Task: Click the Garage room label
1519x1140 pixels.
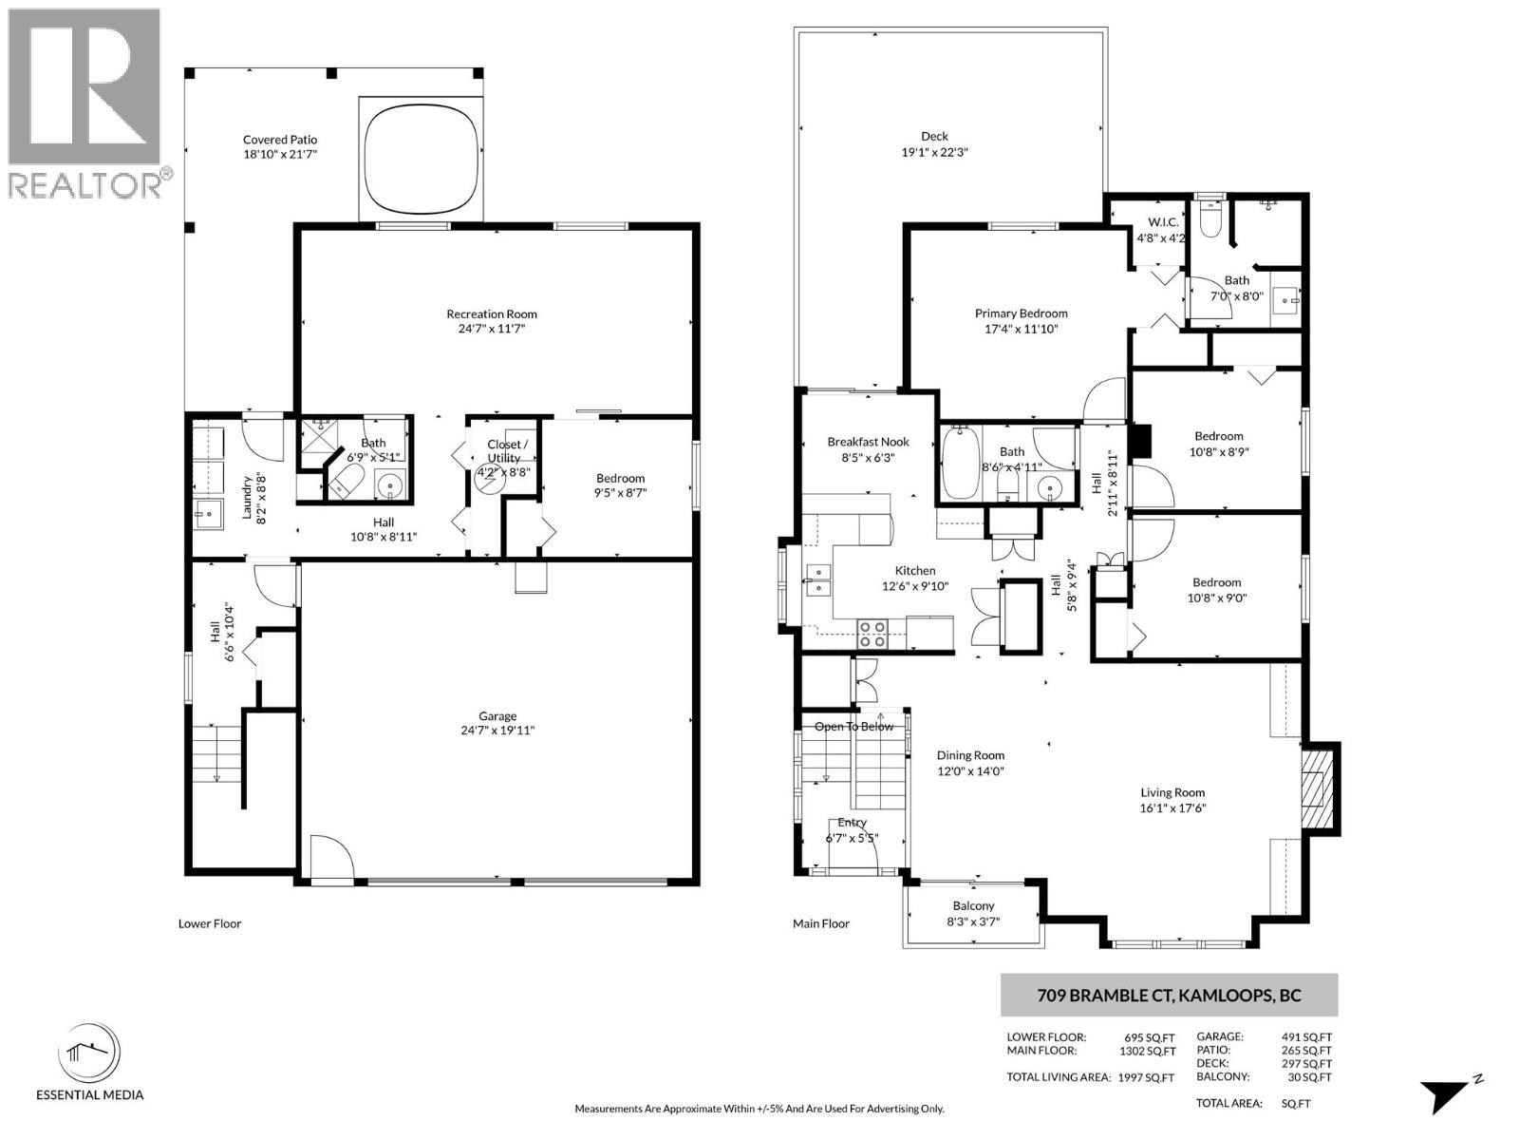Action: pos(497,716)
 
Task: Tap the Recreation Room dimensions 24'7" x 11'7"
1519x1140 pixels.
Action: pos(491,329)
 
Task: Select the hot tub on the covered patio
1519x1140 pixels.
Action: pos(421,158)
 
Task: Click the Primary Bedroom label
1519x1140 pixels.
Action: pos(1021,313)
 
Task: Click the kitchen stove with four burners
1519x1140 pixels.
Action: pos(872,634)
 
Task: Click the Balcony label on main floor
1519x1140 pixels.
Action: pos(973,906)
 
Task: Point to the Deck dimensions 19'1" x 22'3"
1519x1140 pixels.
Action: pos(934,152)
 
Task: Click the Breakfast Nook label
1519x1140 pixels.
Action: pos(868,442)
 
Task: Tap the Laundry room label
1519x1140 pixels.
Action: pos(247,498)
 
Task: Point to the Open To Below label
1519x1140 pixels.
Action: pos(853,727)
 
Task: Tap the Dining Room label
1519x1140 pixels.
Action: pos(970,756)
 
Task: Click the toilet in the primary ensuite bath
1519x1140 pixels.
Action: pos(1210,218)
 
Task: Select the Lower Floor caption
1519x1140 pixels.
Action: pos(210,923)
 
